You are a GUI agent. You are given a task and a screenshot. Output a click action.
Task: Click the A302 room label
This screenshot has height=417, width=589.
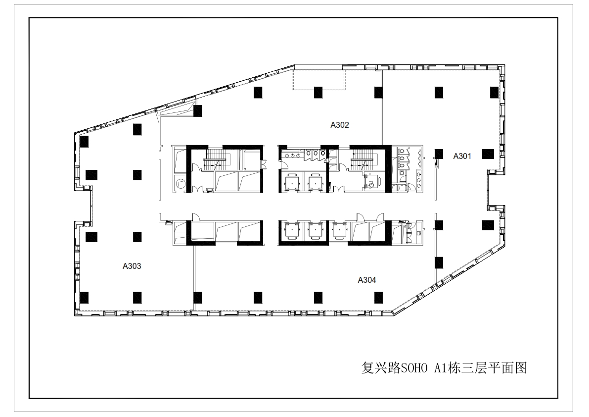(340, 125)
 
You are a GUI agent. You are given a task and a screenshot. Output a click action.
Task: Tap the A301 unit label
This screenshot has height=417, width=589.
(462, 156)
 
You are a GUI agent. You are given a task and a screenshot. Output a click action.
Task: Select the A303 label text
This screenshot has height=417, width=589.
(132, 266)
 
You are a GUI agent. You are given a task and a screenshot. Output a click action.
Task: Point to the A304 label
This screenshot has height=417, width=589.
(366, 280)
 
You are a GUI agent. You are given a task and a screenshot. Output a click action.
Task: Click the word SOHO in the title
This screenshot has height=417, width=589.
(411, 368)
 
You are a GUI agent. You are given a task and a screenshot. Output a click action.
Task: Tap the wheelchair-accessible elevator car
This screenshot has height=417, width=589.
(371, 182)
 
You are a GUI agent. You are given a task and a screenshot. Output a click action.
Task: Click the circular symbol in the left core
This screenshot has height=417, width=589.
(181, 184)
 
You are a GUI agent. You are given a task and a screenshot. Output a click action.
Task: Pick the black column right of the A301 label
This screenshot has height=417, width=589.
(488, 154)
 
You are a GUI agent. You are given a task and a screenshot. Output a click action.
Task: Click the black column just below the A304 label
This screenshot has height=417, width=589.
(378, 298)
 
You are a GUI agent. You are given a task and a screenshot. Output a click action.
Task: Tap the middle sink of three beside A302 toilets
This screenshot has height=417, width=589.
(293, 155)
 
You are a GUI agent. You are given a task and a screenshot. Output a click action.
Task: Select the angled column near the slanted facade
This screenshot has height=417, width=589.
(198, 111)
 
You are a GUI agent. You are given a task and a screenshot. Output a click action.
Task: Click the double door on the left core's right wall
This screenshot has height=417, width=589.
(264, 163)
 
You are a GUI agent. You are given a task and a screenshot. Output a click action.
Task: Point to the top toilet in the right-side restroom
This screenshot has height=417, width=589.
(403, 151)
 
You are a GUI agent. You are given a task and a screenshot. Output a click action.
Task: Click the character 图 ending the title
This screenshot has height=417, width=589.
(521, 368)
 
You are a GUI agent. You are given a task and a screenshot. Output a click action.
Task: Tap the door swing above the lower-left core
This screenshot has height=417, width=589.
(195, 217)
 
